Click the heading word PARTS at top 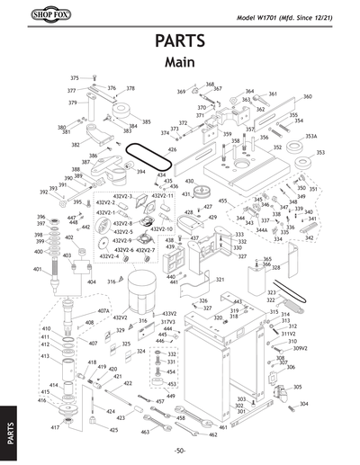point(179,42)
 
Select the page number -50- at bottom point(180,450)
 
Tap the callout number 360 point(307,96)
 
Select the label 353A point(310,136)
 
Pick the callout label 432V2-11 point(162,195)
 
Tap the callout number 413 point(45,356)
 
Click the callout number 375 point(75,79)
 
